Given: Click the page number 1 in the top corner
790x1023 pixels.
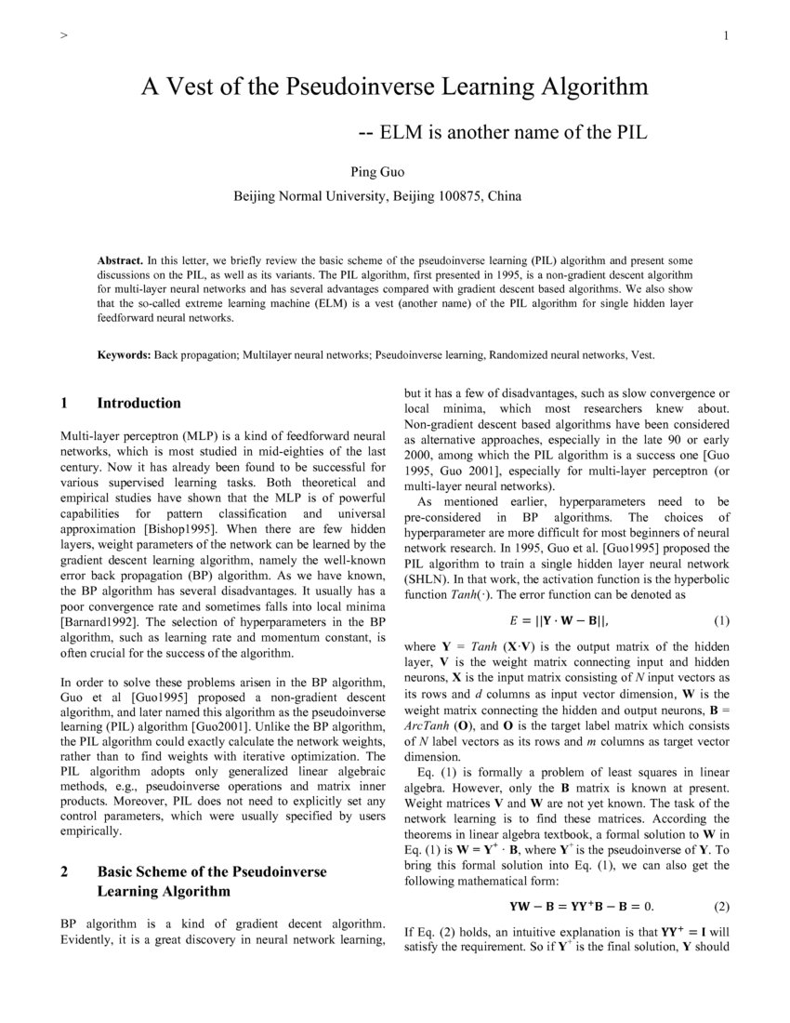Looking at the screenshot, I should (724, 36).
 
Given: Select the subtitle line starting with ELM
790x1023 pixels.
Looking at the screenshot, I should (502, 132).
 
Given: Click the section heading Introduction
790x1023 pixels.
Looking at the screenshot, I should (138, 403).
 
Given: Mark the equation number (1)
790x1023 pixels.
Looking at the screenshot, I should (721, 620).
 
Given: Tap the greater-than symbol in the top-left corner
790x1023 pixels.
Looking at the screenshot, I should (62, 36).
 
